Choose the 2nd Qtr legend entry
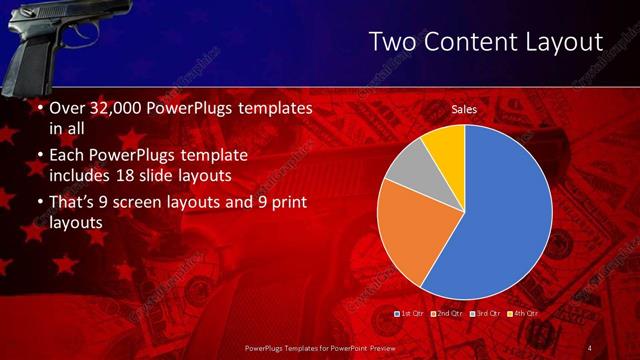(447, 314)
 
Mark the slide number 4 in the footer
(590, 347)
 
